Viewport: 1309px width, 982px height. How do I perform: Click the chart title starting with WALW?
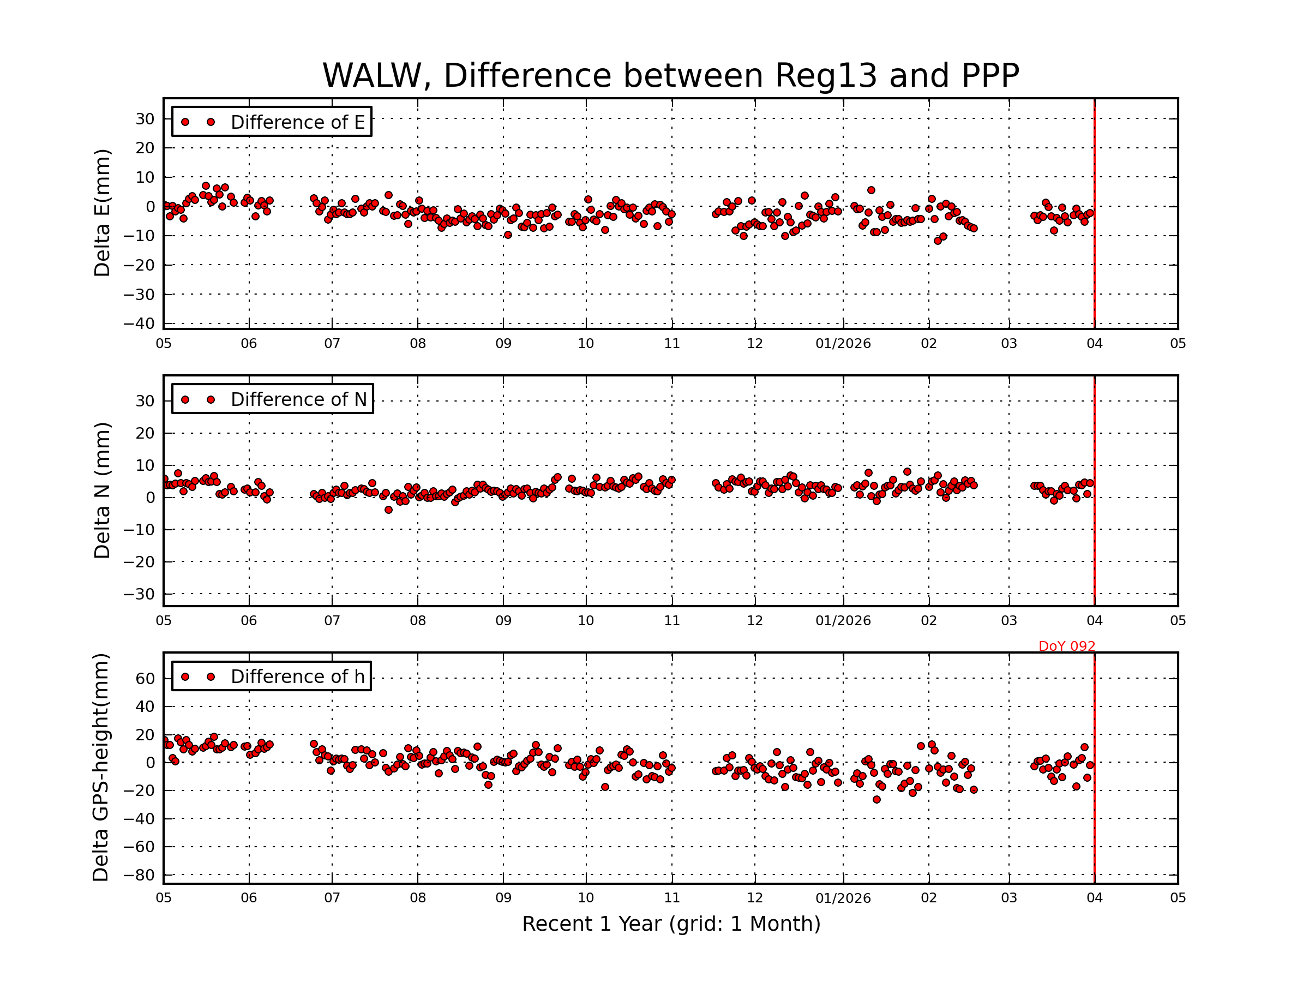670,76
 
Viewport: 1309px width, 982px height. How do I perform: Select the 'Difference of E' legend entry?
297,123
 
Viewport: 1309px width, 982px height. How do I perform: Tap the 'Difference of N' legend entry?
298,399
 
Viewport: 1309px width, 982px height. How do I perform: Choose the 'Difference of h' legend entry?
297,676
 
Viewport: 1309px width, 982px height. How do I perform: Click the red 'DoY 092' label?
1066,646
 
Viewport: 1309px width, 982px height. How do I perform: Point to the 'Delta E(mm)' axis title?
103,213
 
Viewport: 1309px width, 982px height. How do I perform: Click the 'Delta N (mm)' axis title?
103,490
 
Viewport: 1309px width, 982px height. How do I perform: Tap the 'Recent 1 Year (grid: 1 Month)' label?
671,924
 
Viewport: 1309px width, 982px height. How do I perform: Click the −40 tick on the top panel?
139,324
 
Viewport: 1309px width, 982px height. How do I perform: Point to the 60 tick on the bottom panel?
145,679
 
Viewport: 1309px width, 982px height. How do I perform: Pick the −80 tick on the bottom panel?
139,876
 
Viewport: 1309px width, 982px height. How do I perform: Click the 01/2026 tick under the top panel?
843,344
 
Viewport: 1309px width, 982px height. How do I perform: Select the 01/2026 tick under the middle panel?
843,621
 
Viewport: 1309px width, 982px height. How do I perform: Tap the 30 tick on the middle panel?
145,402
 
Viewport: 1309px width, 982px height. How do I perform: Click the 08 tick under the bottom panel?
418,898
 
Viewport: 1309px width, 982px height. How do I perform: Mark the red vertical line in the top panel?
1094,213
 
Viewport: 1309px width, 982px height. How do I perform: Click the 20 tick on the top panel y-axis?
145,148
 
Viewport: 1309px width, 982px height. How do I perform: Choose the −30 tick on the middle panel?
139,594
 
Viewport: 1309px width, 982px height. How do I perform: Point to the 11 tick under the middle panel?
671,621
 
